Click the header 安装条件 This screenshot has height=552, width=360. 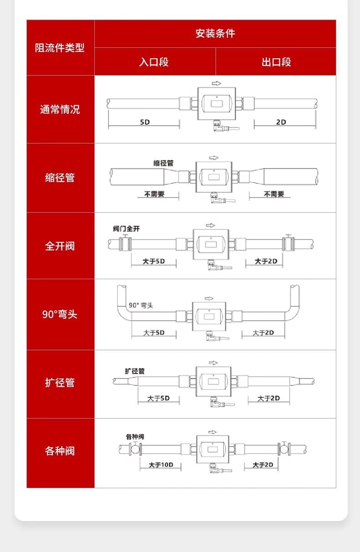(x=215, y=34)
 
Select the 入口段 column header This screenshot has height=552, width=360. (x=154, y=62)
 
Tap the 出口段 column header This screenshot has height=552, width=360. (x=276, y=62)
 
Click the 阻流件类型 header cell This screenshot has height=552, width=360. (x=60, y=48)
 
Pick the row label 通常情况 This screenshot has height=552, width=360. (x=60, y=109)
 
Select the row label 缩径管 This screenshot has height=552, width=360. (x=60, y=178)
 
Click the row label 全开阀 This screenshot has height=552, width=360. (x=60, y=246)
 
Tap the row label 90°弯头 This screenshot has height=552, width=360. (x=60, y=314)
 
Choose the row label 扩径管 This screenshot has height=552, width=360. (x=60, y=383)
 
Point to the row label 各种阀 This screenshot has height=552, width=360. (x=60, y=451)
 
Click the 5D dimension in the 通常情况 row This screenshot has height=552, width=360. (x=145, y=122)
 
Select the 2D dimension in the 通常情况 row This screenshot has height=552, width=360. (x=281, y=122)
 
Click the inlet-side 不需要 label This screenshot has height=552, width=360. (x=154, y=194)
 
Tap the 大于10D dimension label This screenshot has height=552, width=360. (x=161, y=465)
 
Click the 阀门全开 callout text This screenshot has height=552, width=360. (x=127, y=229)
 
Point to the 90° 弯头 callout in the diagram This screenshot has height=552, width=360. (x=141, y=305)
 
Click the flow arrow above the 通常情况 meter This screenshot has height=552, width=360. (x=216, y=83)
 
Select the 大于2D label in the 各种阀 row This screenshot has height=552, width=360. (x=263, y=465)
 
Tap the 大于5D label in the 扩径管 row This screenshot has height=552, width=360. (x=158, y=398)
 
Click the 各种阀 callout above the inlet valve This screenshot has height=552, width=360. (x=135, y=437)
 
